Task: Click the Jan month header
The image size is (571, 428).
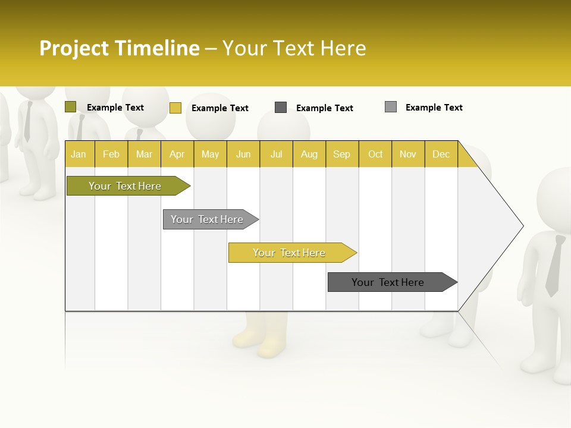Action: coord(79,154)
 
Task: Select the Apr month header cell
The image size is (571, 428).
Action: coord(177,154)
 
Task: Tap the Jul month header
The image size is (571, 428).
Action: coord(276,154)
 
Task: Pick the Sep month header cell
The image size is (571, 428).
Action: coord(342,154)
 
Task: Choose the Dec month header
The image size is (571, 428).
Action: coord(441,154)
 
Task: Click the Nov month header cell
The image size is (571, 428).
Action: coord(408,154)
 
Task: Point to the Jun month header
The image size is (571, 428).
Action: coord(243,154)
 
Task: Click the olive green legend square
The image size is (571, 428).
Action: coord(71,107)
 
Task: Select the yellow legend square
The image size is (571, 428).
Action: coord(175,108)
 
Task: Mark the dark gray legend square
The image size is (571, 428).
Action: coord(281,108)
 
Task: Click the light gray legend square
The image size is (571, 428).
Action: coord(391,107)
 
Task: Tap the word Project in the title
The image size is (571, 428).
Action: coord(74,48)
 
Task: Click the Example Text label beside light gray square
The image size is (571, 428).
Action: coord(434,108)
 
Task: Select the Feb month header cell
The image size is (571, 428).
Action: coord(111,154)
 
